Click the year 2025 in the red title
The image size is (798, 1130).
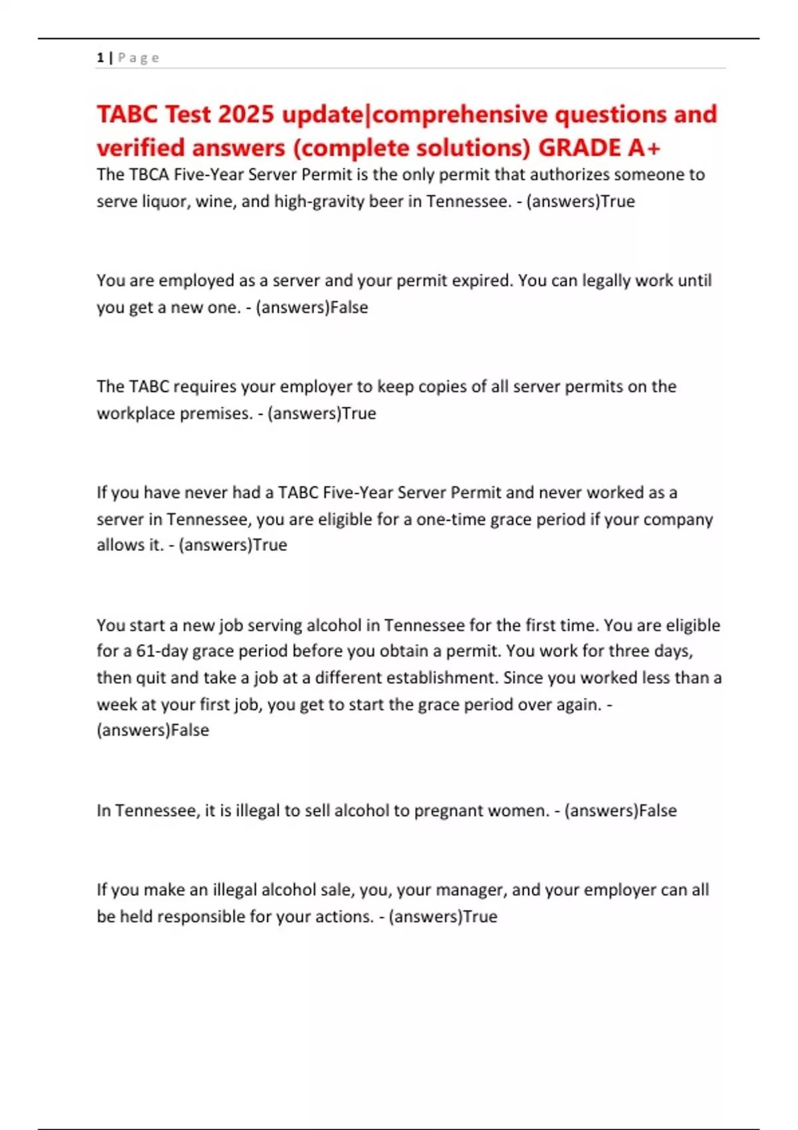point(245,114)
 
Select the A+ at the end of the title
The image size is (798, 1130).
point(644,148)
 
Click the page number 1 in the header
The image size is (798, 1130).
point(100,58)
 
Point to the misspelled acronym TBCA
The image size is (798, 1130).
point(149,175)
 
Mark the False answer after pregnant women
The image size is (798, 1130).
point(658,810)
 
